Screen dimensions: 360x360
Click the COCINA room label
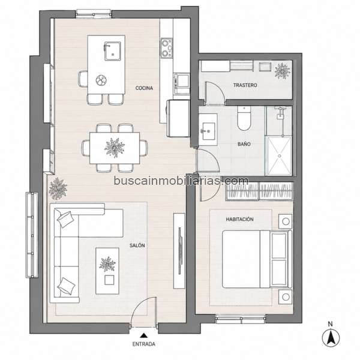[144, 88]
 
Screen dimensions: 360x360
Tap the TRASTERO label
[245, 85]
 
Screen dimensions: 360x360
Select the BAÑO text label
[244, 144]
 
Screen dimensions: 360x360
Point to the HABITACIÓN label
[239, 219]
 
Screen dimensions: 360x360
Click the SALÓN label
[137, 245]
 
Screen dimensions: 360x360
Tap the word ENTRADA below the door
[144, 344]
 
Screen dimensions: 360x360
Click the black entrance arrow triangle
[144, 335]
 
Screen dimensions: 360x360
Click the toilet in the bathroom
[244, 118]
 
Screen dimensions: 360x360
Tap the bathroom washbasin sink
[208, 131]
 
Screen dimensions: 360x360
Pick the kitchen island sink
[113, 51]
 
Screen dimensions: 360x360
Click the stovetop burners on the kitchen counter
[167, 48]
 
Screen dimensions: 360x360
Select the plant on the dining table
[115, 148]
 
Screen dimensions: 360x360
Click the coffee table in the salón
[107, 271]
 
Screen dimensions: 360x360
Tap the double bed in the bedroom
[257, 259]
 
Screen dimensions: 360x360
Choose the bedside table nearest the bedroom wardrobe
[286, 221]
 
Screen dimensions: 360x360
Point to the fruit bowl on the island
[101, 80]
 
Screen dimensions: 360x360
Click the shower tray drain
[280, 156]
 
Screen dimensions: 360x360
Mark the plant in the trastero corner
[282, 71]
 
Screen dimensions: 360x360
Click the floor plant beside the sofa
[58, 188]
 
